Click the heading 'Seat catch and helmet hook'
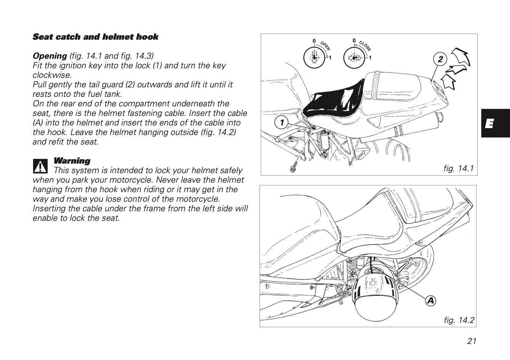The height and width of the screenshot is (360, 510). click(95, 37)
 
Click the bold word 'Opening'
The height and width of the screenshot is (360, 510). click(50, 56)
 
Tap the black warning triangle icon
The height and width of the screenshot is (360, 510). click(40, 165)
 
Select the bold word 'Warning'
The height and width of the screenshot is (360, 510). click(72, 161)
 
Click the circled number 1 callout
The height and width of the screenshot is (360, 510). click(282, 122)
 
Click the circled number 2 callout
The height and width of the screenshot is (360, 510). click(440, 59)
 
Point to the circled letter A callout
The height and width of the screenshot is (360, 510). click(430, 301)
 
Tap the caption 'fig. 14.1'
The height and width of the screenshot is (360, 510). click(459, 168)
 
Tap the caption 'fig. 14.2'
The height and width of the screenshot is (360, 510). click(459, 320)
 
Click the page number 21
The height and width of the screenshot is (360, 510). click(472, 341)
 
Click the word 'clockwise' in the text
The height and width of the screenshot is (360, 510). click(52, 75)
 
